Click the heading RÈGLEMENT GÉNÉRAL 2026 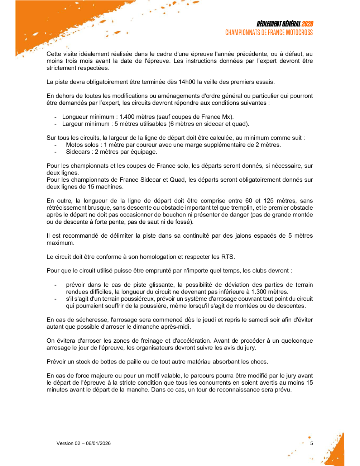[x=284, y=24]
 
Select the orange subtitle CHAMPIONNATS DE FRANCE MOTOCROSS [x=269, y=33]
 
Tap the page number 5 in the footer [x=311, y=443]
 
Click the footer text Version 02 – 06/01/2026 [x=83, y=443]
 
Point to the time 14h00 [x=187, y=82]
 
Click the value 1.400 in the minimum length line [x=128, y=117]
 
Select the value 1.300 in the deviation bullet [x=259, y=292]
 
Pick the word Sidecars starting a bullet [x=78, y=152]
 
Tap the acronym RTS [x=228, y=257]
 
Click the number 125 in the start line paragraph [x=268, y=201]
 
